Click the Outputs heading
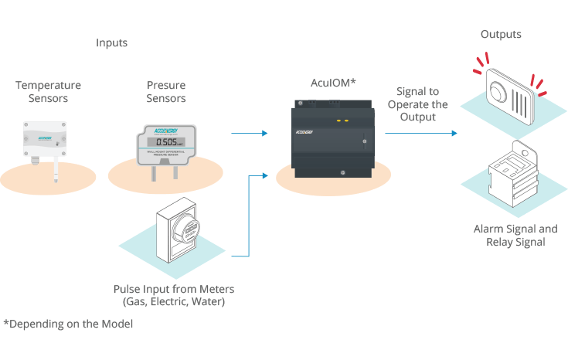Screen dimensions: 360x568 point(501,35)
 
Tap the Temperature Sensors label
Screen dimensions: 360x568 point(48,92)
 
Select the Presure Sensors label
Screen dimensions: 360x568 point(167,92)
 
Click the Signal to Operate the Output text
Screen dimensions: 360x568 point(418,104)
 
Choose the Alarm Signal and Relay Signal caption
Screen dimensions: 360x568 point(515,236)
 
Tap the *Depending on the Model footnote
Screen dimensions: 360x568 point(68,324)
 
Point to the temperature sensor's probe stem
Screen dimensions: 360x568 point(56,172)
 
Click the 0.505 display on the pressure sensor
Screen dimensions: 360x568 point(165,142)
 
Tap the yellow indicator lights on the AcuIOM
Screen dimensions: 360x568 point(342,121)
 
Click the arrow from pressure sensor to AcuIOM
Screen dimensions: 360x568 point(249,134)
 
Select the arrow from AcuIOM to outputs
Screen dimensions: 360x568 point(420,134)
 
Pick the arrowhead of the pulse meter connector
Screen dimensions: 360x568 point(265,176)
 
